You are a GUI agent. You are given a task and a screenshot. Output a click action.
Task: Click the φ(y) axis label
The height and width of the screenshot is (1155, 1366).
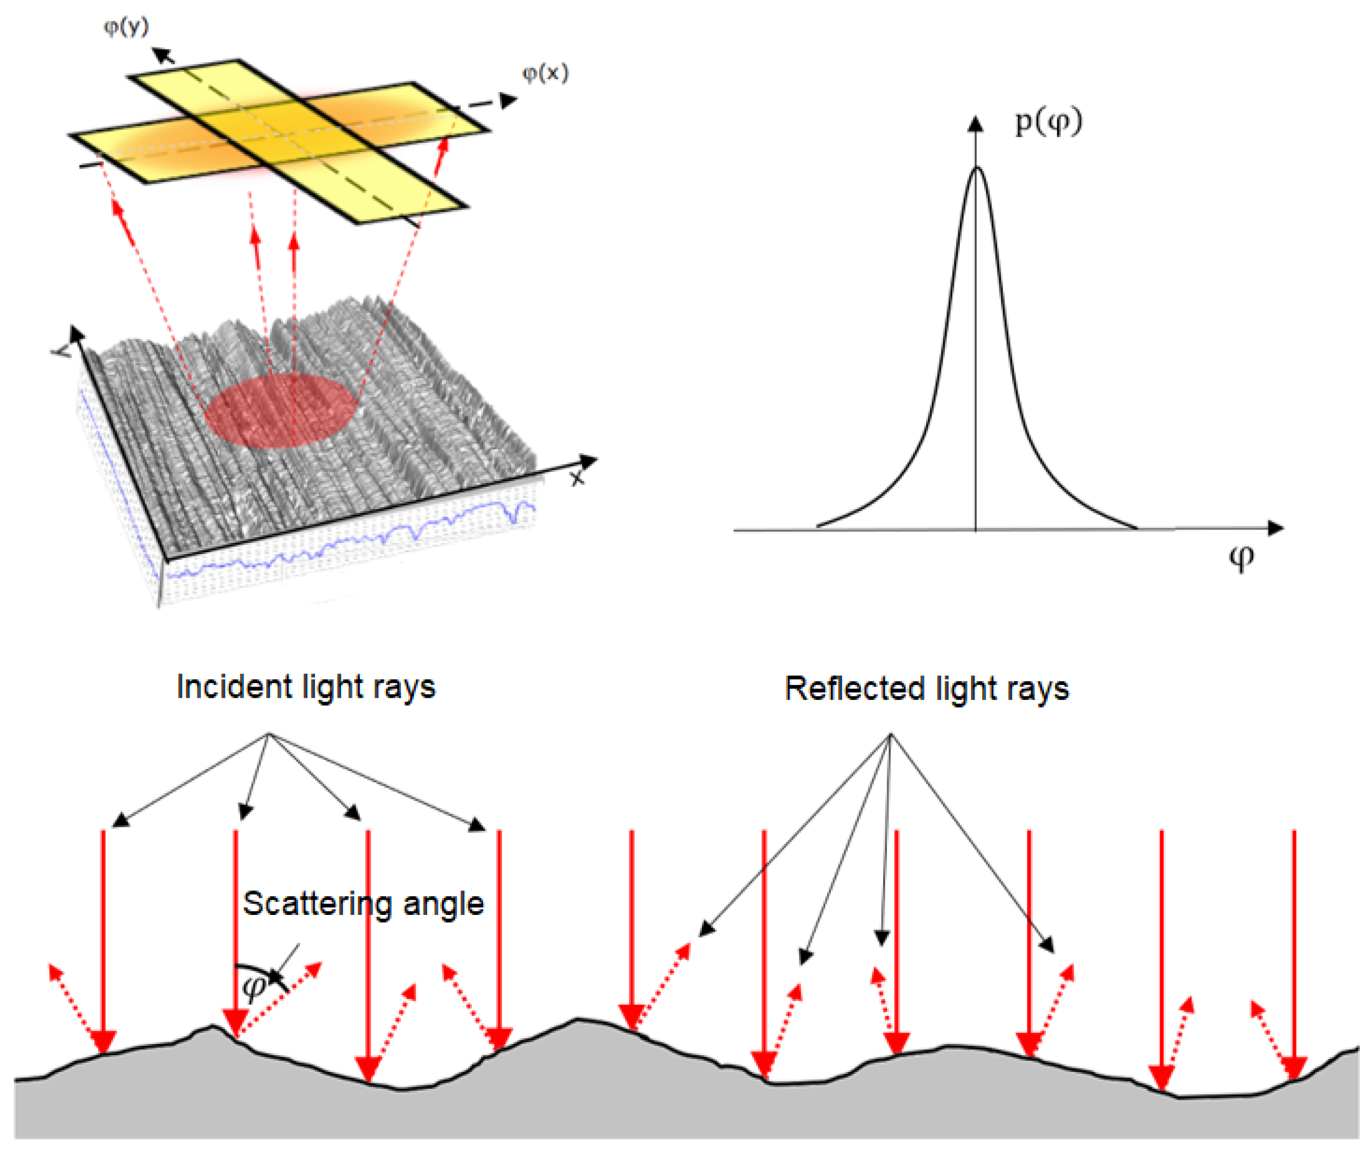pyautogui.click(x=126, y=26)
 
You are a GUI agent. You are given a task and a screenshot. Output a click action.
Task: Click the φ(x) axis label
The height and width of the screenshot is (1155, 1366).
pyautogui.click(x=545, y=73)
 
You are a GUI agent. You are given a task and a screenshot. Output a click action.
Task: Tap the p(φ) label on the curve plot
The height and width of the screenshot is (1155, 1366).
pyautogui.click(x=1048, y=122)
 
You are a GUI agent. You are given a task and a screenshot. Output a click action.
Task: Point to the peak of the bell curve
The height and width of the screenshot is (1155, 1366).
pyautogui.click(x=977, y=169)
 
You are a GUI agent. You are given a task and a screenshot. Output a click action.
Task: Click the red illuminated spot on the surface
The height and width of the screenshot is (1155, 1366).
pyautogui.click(x=281, y=411)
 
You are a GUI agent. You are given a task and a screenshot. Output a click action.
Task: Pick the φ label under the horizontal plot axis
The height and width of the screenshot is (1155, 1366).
pyautogui.click(x=1241, y=559)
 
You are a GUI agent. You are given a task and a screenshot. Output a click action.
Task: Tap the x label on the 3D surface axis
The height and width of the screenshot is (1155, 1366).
pyautogui.click(x=576, y=479)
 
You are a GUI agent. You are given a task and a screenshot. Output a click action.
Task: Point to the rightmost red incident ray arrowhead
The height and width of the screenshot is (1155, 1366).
pyautogui.click(x=1294, y=1067)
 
